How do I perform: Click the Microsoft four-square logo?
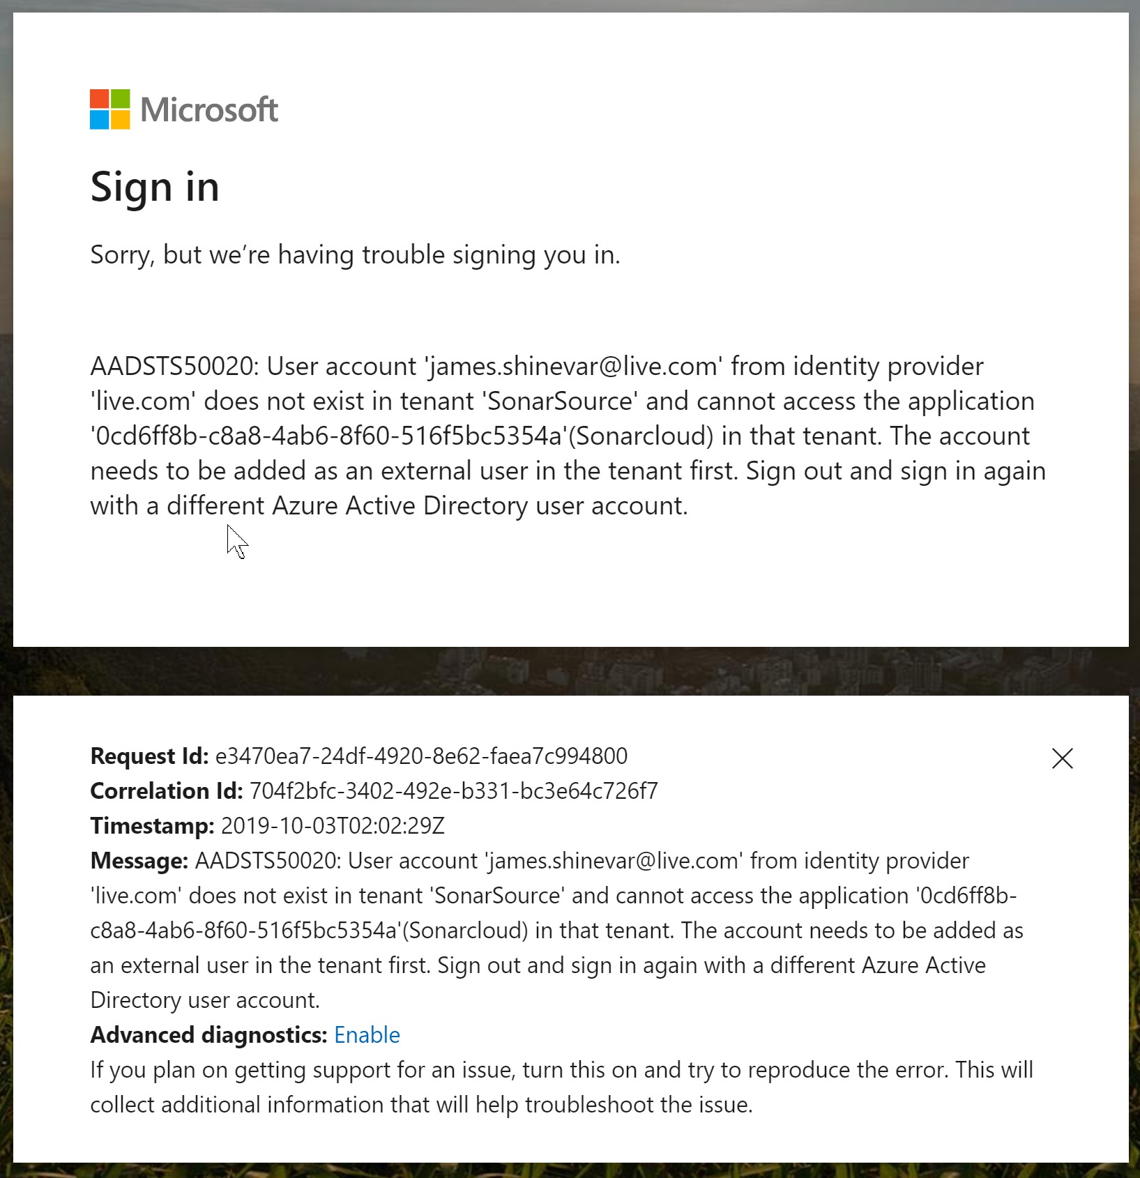[110, 109]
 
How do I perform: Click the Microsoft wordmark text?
[209, 110]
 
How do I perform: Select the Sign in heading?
[155, 187]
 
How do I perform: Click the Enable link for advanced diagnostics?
[367, 1035]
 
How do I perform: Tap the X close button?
[1062, 758]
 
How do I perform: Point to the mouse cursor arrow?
[236, 540]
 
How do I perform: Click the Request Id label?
[149, 756]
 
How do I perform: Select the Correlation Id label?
[167, 791]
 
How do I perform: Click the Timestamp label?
[152, 826]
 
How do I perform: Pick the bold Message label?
[139, 861]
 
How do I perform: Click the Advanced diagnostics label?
[208, 1035]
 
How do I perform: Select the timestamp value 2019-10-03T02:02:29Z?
[333, 826]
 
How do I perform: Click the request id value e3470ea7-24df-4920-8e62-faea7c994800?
[421, 756]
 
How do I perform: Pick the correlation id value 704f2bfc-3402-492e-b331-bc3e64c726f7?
[453, 791]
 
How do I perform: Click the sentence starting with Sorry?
[355, 255]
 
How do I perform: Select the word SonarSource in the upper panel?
[559, 401]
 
